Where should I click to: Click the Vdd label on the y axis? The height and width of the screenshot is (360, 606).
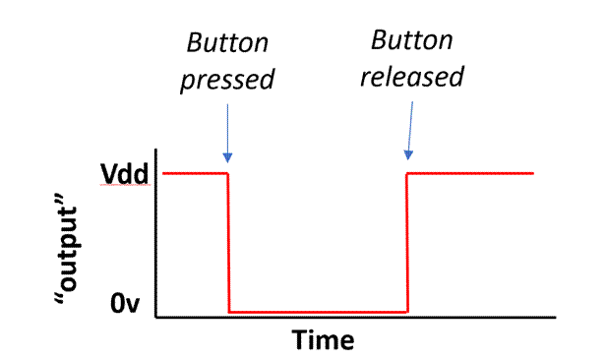click(124, 175)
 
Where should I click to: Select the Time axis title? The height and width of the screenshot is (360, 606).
click(323, 339)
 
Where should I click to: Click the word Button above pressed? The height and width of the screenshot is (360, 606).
click(226, 45)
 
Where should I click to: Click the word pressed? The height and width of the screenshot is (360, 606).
click(226, 80)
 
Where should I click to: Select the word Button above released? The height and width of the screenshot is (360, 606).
click(411, 41)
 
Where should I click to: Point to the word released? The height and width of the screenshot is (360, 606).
click(411, 76)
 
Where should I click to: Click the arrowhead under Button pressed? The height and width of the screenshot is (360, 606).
click(227, 158)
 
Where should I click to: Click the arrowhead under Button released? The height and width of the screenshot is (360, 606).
click(407, 154)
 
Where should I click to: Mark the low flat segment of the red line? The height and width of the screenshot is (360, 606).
click(317, 312)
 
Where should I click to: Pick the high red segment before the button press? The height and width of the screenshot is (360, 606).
click(195, 173)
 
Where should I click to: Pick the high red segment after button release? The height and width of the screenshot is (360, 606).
click(470, 173)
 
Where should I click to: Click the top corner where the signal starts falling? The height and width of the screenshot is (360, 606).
click(227, 173)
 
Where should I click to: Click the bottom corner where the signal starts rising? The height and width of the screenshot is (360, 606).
click(406, 312)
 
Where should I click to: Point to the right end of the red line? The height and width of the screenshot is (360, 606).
click(533, 173)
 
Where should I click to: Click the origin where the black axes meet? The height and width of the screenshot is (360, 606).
click(155, 318)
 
